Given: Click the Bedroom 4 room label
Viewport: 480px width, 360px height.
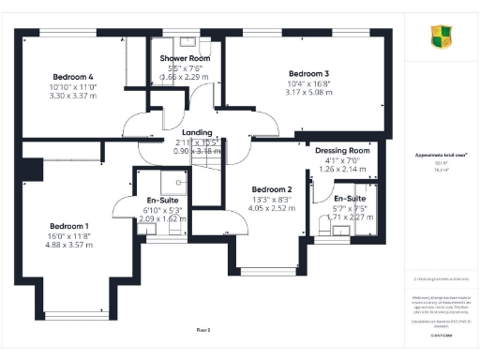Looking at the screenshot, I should [72, 76].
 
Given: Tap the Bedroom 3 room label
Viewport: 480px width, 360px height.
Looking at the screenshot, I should [308, 74].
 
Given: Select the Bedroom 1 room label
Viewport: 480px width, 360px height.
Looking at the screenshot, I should [68, 226].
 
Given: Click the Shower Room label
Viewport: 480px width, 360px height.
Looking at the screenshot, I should [185, 58].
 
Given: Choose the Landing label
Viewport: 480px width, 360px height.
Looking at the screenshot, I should [197, 132].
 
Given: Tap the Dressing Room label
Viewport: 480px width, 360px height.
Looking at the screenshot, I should [342, 150].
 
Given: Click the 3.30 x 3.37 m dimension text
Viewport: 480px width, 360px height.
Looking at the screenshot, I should [72, 96].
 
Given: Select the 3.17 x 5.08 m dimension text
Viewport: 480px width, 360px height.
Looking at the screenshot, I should [308, 94].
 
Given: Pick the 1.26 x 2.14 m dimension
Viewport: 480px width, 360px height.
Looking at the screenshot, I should [342, 170].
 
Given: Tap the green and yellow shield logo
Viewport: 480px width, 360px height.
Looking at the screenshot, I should [440, 37].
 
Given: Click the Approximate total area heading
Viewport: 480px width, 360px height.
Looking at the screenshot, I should [441, 156].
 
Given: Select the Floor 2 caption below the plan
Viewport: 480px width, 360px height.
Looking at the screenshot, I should [203, 330].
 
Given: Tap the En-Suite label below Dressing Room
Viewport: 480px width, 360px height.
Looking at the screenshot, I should [350, 199].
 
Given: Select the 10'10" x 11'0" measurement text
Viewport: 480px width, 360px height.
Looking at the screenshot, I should [72, 86].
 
